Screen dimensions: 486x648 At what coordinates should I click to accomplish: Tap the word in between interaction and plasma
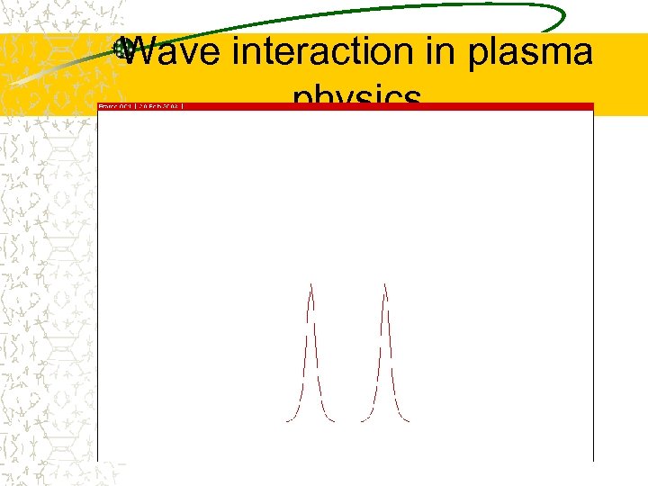[445, 52]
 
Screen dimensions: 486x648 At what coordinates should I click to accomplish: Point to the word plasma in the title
[531, 54]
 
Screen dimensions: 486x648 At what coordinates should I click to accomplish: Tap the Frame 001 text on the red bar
[114, 106]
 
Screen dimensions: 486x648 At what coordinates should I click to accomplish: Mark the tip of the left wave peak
[311, 285]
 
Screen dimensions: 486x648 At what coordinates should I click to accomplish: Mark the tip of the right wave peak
[385, 285]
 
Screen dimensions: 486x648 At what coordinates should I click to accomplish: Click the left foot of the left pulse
[287, 420]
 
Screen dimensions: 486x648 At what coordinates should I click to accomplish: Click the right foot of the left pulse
[335, 420]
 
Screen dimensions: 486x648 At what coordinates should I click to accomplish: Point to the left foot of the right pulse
[362, 420]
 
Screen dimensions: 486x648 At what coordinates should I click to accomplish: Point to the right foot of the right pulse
[409, 420]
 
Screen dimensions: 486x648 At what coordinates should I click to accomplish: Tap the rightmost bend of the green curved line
[564, 18]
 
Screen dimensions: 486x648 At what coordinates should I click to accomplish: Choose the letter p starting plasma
[477, 56]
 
